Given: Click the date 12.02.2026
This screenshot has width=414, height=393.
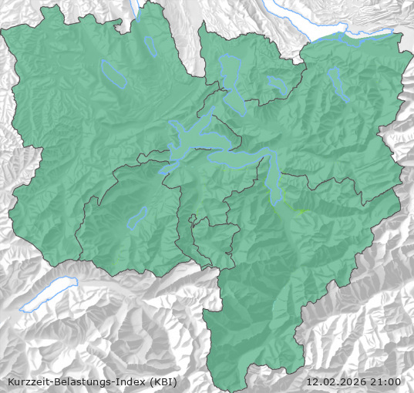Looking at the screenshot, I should (x=335, y=382).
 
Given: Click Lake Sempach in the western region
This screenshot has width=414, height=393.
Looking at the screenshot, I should (x=113, y=73).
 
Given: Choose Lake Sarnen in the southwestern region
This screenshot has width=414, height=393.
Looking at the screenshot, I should (x=137, y=217).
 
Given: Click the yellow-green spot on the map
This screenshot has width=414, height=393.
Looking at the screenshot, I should (x=300, y=210).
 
